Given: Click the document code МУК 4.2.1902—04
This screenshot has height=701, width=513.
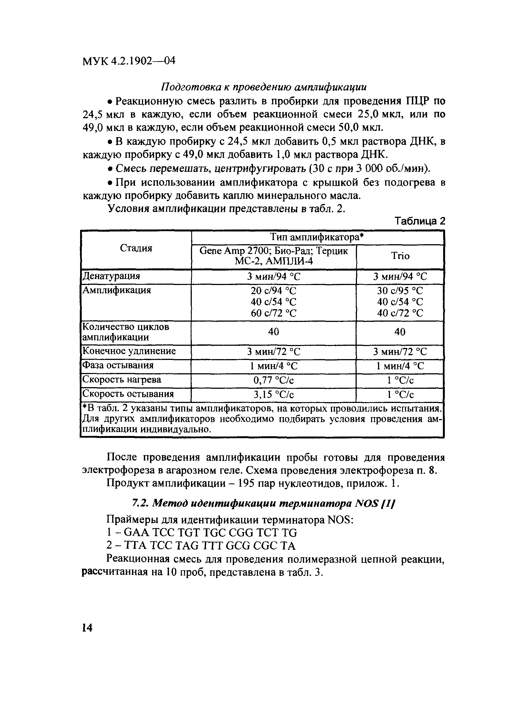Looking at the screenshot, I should click(x=129, y=60).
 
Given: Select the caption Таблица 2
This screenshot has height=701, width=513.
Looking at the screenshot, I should click(x=420, y=221).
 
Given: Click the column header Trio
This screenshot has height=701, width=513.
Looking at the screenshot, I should click(x=400, y=256).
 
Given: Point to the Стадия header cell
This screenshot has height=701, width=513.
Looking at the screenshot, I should click(x=136, y=248).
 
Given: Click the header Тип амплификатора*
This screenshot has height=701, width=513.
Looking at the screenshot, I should click(x=317, y=238).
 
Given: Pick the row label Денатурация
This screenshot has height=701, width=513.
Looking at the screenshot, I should click(x=111, y=276).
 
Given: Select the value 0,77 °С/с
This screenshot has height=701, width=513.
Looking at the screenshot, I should click(x=274, y=380).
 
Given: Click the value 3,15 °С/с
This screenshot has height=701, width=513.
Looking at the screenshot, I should click(x=274, y=395).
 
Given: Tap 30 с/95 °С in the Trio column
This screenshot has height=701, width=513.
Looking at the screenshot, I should click(x=400, y=291).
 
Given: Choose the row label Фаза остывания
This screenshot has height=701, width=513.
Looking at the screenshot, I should click(x=118, y=365).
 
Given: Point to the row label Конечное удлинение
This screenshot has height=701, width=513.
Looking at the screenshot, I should click(x=129, y=351).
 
